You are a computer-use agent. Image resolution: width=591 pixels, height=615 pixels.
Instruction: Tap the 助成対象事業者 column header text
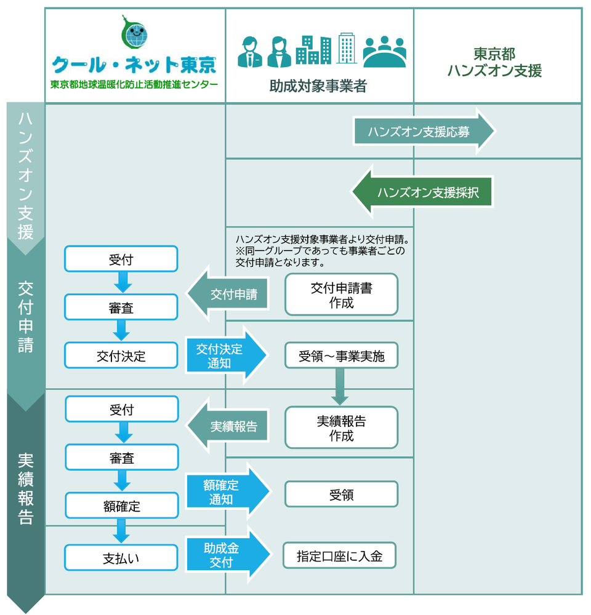tap(318, 86)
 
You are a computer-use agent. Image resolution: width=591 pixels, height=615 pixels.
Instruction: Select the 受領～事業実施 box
tap(341, 355)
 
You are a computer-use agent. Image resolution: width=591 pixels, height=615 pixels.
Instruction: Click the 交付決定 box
tap(121, 355)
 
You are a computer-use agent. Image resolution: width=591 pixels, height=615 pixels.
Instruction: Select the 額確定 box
tap(122, 506)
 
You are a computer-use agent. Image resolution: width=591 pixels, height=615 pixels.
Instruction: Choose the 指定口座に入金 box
tap(339, 556)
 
